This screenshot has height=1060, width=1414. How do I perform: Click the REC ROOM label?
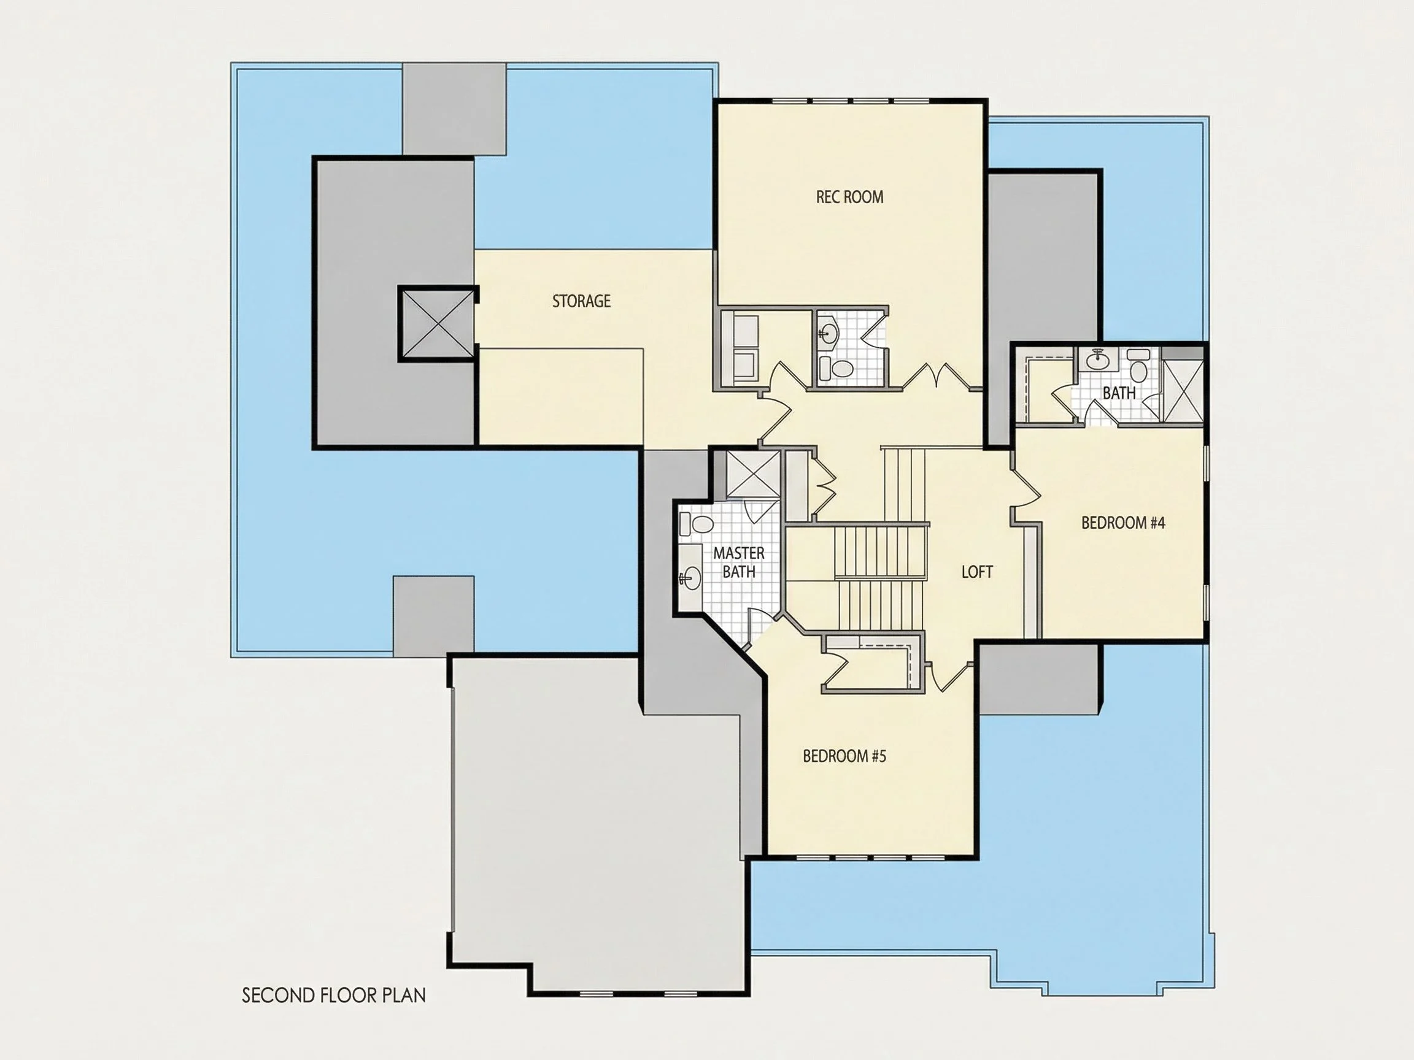tap(849, 197)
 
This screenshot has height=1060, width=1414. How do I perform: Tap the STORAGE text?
tap(581, 301)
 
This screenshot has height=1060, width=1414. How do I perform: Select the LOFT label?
tap(977, 572)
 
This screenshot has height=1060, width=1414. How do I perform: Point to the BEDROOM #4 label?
tap(1123, 523)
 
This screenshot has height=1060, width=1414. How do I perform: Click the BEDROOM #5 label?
tap(844, 756)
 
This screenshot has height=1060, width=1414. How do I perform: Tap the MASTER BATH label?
tap(739, 563)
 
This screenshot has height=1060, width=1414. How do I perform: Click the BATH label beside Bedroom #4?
tap(1119, 393)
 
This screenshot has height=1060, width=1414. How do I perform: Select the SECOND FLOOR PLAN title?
tap(334, 995)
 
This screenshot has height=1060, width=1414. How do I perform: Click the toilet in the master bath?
tap(697, 524)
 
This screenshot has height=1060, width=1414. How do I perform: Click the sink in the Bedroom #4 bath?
tap(1098, 359)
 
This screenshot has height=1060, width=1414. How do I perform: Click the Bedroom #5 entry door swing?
tap(952, 677)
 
